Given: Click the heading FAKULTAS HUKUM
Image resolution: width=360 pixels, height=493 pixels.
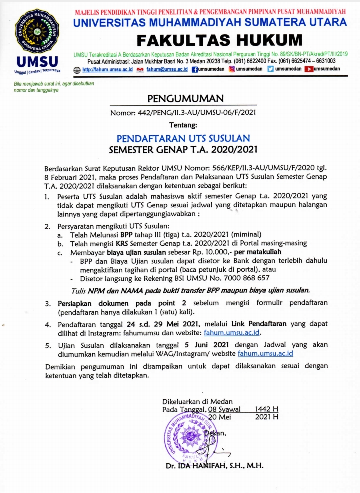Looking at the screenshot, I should [220, 39].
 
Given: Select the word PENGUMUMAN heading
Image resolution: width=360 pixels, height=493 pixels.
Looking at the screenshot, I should [185, 98].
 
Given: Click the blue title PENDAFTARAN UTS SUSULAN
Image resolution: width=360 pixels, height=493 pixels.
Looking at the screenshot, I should [183, 138].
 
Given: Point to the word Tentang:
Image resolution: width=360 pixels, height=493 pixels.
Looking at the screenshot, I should [183, 124].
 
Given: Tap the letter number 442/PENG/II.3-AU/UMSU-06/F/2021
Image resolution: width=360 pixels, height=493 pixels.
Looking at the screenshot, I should [197, 112].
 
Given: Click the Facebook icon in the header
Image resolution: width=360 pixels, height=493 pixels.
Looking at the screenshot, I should [195, 69].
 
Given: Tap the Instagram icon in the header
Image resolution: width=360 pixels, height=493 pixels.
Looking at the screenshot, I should [232, 69].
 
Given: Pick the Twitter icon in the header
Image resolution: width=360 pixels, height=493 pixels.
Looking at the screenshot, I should [271, 69].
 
